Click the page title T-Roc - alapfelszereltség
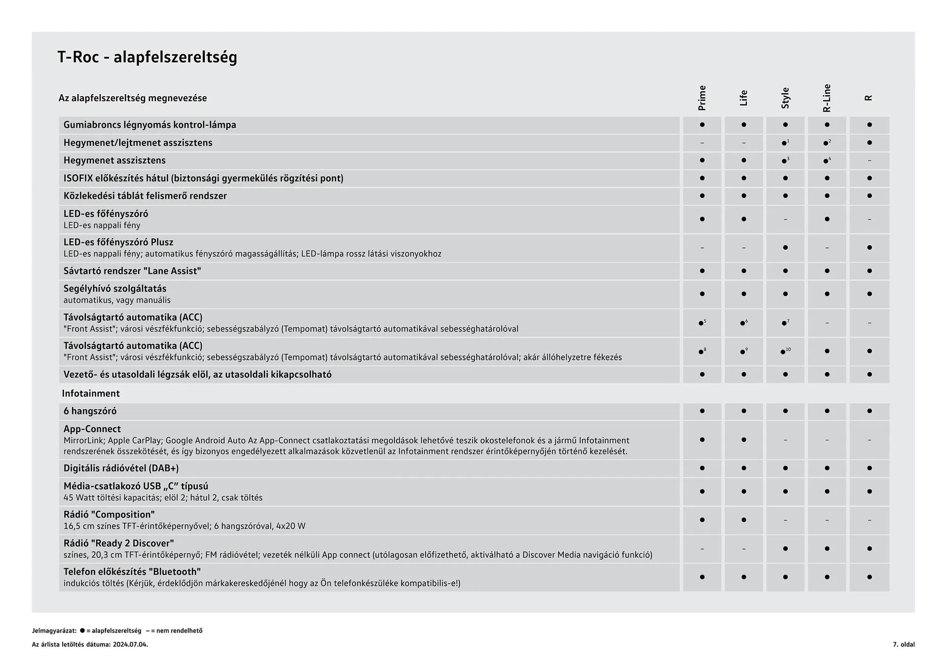(147, 57)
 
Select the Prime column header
(702, 98)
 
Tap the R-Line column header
(827, 98)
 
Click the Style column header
(785, 98)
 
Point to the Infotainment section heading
(91, 393)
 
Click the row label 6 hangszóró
(90, 411)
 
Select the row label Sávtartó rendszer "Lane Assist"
(132, 271)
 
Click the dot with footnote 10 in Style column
(783, 352)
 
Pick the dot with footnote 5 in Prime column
(701, 323)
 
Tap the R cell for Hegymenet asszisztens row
(869, 160)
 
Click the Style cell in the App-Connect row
(785, 440)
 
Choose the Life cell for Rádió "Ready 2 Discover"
(743, 549)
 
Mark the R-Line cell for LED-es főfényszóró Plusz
(827, 248)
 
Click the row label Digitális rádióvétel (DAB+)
(121, 468)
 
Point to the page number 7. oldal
(904, 644)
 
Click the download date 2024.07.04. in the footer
(130, 644)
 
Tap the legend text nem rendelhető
(179, 631)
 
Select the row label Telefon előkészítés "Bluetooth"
(132, 572)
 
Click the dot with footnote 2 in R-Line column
(826, 143)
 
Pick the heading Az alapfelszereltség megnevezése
(133, 98)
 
